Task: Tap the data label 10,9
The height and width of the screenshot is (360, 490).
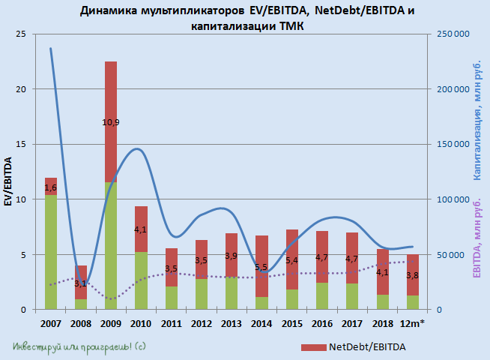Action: [111, 122]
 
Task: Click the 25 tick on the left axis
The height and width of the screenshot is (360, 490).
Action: [21, 34]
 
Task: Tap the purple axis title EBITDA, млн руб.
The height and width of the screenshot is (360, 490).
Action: [477, 236]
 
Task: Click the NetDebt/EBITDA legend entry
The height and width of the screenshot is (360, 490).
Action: [350, 347]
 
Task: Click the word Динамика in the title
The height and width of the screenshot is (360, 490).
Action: [112, 10]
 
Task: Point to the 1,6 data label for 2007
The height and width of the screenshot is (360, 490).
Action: [51, 187]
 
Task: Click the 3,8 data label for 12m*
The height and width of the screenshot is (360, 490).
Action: [413, 275]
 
